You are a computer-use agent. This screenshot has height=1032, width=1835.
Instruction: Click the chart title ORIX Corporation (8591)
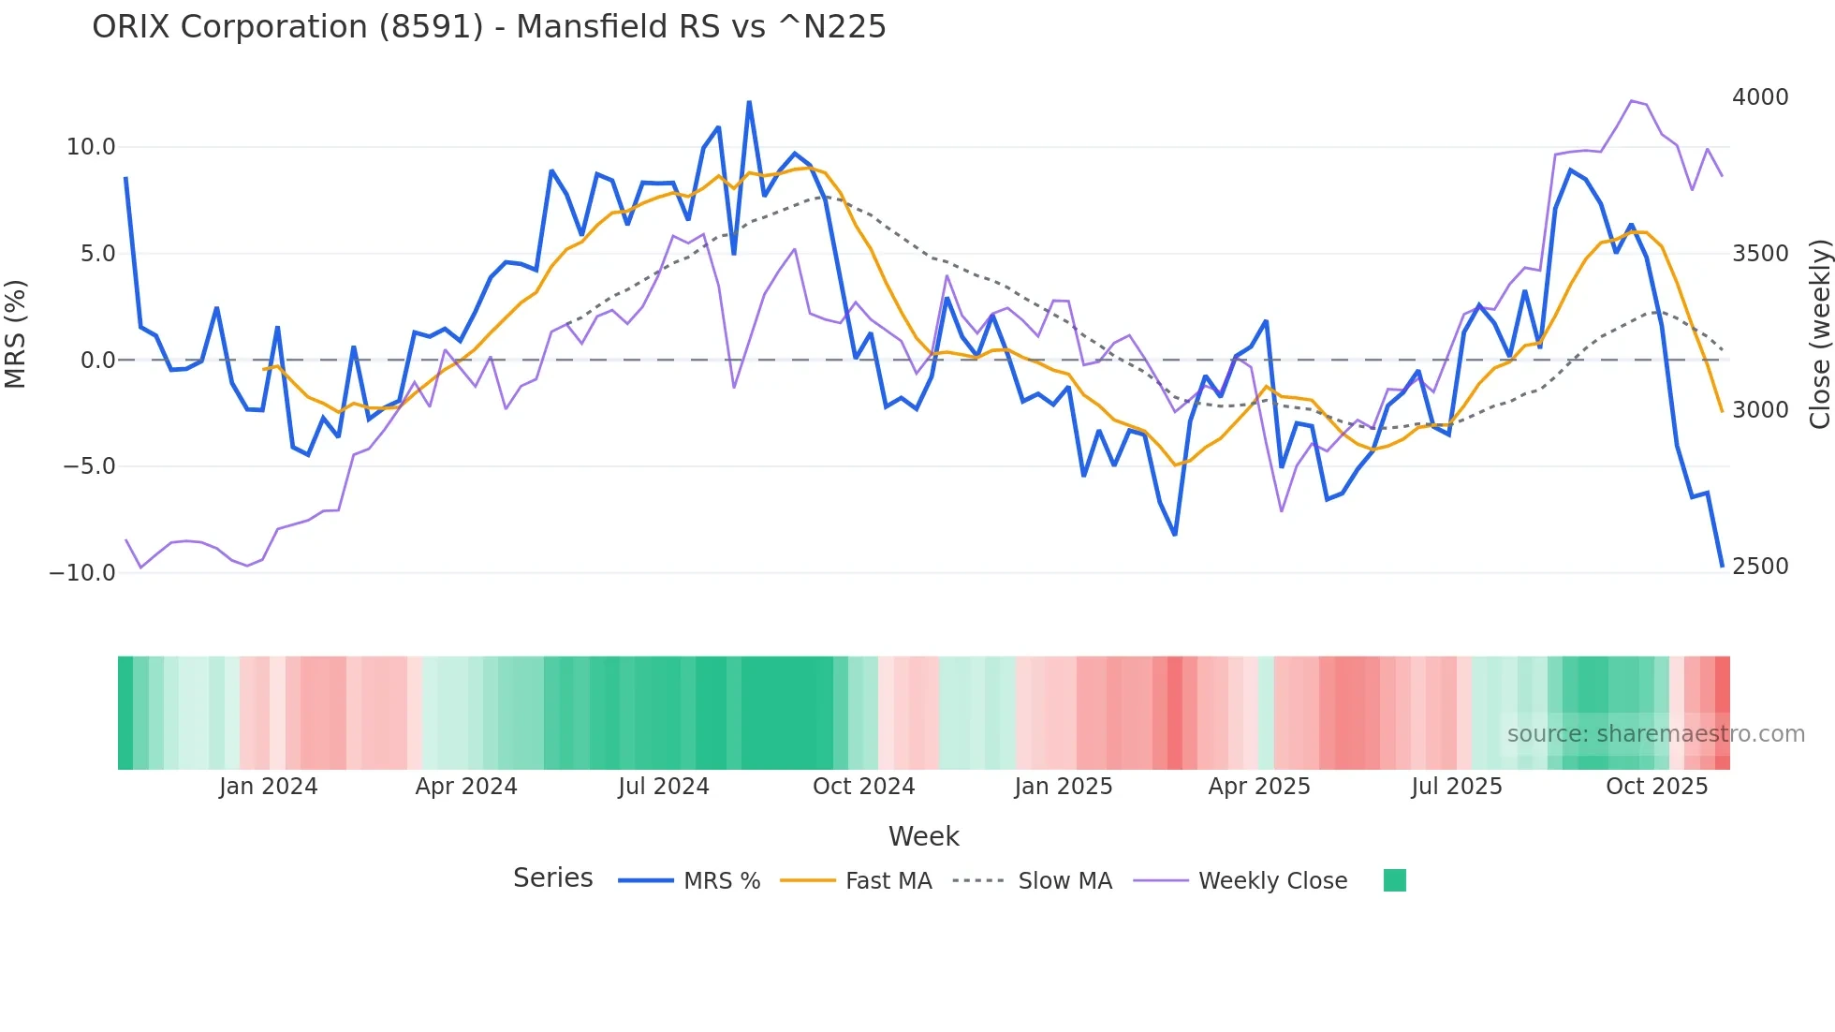(x=489, y=27)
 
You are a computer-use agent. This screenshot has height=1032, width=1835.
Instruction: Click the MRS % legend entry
(x=721, y=881)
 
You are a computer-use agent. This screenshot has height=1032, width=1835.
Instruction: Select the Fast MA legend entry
(x=888, y=881)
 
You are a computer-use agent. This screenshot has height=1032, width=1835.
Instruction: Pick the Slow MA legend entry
(x=1064, y=881)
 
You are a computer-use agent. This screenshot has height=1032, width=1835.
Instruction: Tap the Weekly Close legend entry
(x=1272, y=881)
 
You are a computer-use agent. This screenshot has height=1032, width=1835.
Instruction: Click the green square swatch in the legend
(x=1395, y=880)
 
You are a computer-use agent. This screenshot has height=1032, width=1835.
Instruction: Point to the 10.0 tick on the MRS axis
(x=91, y=147)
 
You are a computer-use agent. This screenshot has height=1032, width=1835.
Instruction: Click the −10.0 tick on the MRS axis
(x=82, y=573)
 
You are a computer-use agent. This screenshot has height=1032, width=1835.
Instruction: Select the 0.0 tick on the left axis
(x=97, y=361)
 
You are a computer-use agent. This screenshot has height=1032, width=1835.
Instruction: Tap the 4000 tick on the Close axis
(x=1760, y=97)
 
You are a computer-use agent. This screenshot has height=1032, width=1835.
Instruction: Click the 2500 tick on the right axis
(x=1760, y=567)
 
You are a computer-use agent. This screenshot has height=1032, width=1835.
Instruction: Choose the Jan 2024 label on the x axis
(x=269, y=787)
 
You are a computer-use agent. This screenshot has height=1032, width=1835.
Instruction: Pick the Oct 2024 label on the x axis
(x=863, y=787)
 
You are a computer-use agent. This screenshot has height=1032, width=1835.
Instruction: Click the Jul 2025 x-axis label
(x=1457, y=787)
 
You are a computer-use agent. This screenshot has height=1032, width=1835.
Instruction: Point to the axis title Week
(x=923, y=836)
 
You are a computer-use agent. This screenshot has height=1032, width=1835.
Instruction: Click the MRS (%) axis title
(x=16, y=333)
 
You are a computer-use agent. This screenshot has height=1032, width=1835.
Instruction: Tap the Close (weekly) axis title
(x=1819, y=334)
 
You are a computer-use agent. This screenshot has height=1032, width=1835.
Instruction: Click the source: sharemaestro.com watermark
(x=1655, y=734)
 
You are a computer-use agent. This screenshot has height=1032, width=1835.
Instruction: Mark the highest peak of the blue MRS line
(x=749, y=102)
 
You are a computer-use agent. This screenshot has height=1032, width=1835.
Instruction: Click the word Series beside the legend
(x=552, y=878)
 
